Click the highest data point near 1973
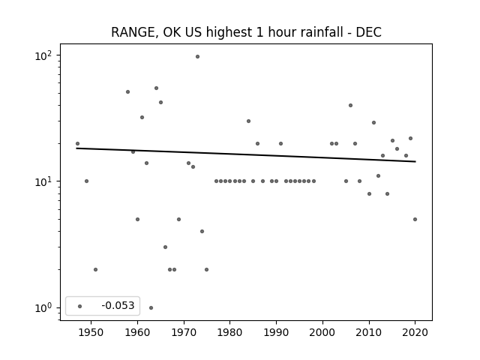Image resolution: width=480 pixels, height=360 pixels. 197,57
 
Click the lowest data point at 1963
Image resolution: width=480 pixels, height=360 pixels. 151,307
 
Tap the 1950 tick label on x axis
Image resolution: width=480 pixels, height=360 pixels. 91,332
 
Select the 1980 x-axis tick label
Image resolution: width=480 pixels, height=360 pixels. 229,332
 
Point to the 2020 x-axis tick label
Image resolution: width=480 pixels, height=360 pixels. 415,332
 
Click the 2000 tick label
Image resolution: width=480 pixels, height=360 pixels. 322,332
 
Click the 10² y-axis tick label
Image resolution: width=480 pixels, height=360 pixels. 43,56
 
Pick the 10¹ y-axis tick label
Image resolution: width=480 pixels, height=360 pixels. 43,181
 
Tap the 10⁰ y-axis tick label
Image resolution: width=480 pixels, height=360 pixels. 43,308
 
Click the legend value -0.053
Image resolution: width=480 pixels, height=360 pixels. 118,305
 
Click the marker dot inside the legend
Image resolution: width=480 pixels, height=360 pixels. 80,306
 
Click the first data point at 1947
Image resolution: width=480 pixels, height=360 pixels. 77,143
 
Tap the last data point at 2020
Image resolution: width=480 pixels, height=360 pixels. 415,219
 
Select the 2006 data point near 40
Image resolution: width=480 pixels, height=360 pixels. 350,105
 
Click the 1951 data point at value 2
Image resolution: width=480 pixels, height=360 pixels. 95,269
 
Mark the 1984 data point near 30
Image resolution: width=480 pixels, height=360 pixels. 248,121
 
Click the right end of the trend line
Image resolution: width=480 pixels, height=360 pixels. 415,161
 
